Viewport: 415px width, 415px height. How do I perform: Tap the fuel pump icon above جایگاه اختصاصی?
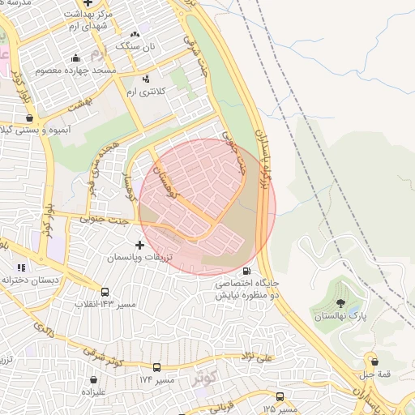(246, 272)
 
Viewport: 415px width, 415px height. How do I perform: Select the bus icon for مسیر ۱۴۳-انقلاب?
(105, 292)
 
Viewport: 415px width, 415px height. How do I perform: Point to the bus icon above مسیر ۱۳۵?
(280, 396)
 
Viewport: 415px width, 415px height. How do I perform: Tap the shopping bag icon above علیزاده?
(94, 379)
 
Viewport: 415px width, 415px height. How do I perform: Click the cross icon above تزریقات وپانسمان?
(139, 244)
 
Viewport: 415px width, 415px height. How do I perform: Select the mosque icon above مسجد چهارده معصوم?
(76, 58)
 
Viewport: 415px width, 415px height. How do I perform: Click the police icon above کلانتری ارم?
(146, 79)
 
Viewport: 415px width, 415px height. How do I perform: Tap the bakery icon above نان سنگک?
(135, 34)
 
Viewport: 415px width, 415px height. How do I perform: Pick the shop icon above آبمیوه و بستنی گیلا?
(30, 118)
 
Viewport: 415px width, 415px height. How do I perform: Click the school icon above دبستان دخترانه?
(21, 267)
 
